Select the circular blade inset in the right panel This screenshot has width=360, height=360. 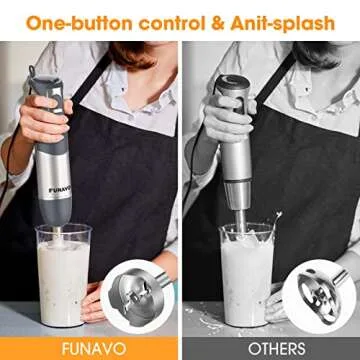coord(318,291)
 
